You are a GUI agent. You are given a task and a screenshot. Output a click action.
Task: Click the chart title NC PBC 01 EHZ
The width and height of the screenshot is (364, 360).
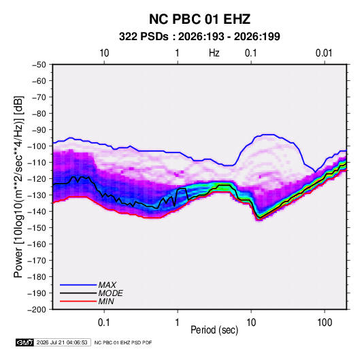pos(199,19)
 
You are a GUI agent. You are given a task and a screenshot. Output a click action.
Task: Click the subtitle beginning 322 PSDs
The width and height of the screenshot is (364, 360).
pos(199,37)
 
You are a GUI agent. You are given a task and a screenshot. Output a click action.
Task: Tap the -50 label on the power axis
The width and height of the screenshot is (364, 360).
pos(39,65)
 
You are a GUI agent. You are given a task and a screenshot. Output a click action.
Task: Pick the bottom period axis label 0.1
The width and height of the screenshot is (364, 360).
pos(104,323)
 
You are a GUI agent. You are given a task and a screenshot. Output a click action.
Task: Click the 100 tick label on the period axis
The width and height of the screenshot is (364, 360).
pos(325,323)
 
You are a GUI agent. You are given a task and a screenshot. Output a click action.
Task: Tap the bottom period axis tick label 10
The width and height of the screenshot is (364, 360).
pos(251,323)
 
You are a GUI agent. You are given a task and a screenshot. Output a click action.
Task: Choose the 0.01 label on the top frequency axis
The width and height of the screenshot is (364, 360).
pos(324,53)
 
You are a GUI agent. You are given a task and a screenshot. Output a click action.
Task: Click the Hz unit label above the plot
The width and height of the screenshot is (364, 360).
pos(214,53)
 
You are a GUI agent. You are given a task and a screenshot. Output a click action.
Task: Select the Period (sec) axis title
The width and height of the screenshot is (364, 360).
pos(214,330)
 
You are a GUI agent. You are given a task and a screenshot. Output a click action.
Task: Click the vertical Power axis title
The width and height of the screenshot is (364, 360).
pos(18,187)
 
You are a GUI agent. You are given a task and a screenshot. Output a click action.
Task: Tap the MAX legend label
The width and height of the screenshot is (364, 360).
pos(107,285)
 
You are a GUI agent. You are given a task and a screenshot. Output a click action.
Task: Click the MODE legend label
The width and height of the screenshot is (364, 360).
pos(110,293)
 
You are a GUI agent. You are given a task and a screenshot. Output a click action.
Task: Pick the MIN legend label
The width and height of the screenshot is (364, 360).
pos(106,301)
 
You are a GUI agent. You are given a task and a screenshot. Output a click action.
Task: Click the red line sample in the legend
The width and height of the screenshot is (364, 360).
pos(78,301)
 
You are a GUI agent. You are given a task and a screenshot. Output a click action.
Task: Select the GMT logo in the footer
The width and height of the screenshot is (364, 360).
pos(24,342)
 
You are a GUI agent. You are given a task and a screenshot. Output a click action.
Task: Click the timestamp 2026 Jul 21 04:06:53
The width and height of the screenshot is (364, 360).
pos(62,342)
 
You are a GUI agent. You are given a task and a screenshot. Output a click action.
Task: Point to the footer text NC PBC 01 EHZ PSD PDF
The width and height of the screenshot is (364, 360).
pos(123,342)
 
